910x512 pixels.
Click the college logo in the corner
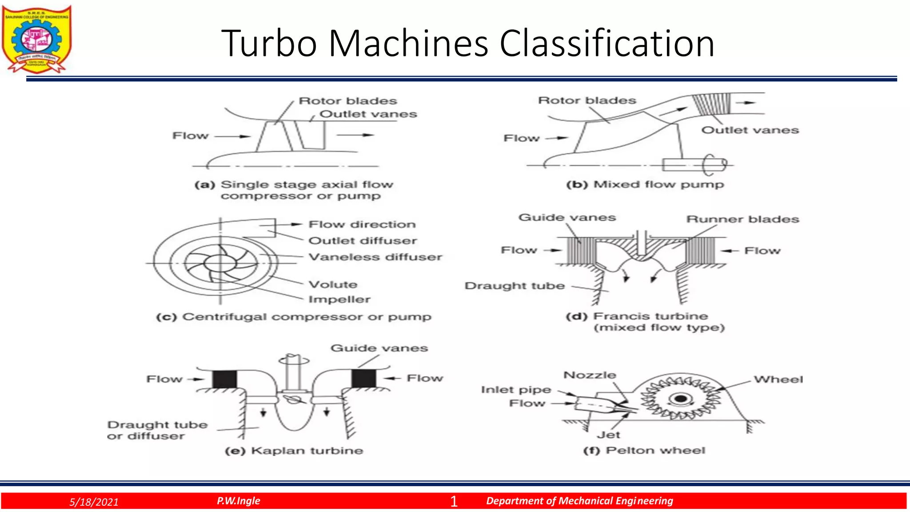(36, 39)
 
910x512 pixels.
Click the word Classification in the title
(607, 44)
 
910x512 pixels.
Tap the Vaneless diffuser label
(375, 257)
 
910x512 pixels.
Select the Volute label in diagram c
(333, 284)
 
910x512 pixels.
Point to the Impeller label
(339, 300)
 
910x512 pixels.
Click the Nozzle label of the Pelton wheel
(590, 375)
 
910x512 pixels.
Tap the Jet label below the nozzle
(608, 435)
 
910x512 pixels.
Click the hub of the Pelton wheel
(680, 399)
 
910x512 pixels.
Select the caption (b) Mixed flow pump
(645, 184)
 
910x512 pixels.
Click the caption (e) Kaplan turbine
(294, 451)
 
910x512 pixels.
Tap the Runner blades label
(742, 219)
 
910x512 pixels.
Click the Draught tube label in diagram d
(515, 286)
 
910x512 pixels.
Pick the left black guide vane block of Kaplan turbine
(224, 379)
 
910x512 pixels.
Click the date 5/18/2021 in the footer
(94, 502)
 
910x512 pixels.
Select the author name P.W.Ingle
(238, 501)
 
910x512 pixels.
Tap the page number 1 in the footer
(454, 501)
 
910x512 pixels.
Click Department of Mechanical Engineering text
(579, 501)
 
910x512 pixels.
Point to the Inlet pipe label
(516, 390)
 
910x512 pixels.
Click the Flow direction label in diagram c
(362, 224)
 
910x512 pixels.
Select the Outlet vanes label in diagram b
(750, 130)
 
